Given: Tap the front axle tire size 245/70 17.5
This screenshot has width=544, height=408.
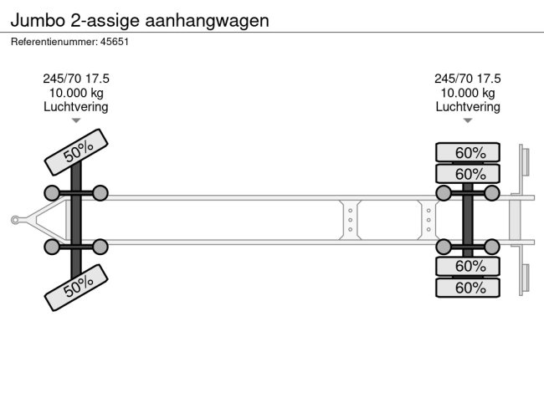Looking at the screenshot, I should [x=76, y=79].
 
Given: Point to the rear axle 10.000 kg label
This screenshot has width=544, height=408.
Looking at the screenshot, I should [x=468, y=93].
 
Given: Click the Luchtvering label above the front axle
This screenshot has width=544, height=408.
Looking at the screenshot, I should [x=76, y=107].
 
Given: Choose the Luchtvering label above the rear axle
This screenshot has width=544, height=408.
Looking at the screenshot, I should [x=468, y=107].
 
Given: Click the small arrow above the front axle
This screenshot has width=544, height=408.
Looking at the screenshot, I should [x=76, y=120].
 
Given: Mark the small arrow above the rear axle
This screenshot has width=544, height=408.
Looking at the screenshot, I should [x=468, y=120].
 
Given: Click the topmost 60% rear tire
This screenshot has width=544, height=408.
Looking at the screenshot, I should [x=468, y=152].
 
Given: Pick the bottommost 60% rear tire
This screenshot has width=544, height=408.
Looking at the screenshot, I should [x=468, y=288].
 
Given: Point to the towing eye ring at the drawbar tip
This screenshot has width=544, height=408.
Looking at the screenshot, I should [x=15, y=220].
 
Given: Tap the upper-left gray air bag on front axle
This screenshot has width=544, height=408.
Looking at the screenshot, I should [x=52, y=194].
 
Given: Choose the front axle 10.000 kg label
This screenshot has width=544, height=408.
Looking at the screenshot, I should [x=76, y=93].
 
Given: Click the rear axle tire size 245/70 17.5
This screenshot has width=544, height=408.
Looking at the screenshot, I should [x=468, y=79].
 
